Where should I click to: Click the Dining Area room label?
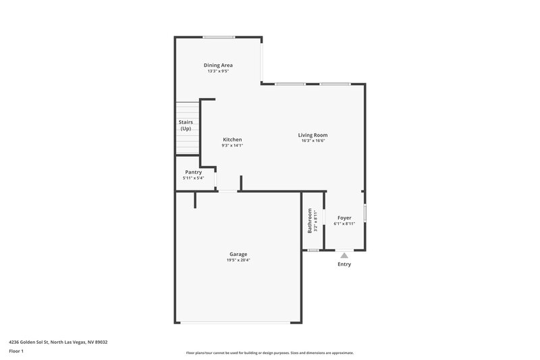point(218,66)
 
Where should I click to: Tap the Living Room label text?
point(313,135)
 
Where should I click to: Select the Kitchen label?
point(232,140)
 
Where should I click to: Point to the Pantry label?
point(193,172)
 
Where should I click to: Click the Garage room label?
point(238,254)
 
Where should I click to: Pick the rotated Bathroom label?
point(310,221)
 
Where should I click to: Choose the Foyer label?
point(344,217)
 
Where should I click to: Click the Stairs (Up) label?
point(186,125)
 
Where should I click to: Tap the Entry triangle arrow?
point(344,255)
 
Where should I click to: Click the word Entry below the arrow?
point(344,264)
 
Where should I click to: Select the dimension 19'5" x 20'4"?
point(238,260)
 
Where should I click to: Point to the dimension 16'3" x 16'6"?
point(313,141)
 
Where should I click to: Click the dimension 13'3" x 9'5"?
point(218,71)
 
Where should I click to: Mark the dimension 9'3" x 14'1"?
point(232,145)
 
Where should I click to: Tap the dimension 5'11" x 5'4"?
point(193,178)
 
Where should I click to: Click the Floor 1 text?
point(17,351)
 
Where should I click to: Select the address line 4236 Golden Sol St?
point(58,342)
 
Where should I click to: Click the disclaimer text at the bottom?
point(270,353)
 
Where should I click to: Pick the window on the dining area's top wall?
point(219,37)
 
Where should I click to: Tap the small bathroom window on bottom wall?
point(313,251)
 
